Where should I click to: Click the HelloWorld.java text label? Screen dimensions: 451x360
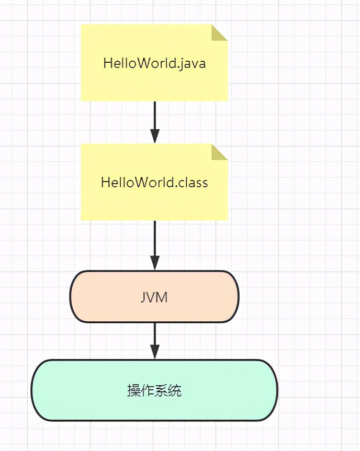click(x=154, y=63)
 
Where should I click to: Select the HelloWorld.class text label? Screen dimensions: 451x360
click(x=154, y=183)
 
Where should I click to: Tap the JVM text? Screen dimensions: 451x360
click(x=154, y=297)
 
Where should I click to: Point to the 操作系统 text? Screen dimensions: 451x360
click(x=154, y=390)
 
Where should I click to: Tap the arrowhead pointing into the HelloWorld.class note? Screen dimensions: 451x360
click(x=154, y=137)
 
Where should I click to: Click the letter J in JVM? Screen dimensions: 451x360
click(x=144, y=297)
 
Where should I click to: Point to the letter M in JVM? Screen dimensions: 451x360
click(x=162, y=297)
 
